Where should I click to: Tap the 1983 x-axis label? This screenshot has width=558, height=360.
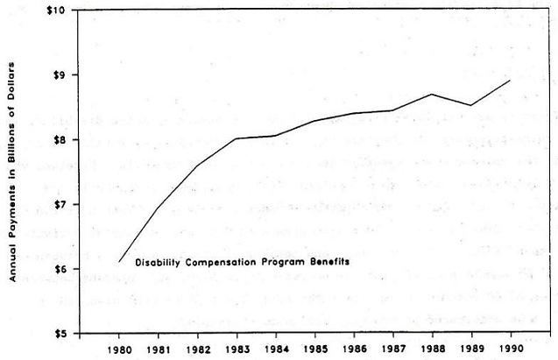click(x=237, y=349)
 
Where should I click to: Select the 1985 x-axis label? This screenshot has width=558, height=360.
click(x=316, y=349)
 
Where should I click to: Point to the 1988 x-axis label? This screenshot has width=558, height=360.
click(x=434, y=349)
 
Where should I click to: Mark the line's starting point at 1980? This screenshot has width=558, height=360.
click(x=119, y=261)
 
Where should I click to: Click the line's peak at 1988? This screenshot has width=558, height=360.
click(x=433, y=94)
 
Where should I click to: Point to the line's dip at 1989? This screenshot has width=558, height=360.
click(x=472, y=105)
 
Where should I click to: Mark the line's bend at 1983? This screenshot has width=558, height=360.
click(x=237, y=138)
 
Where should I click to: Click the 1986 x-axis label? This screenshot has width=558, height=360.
click(x=356, y=349)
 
